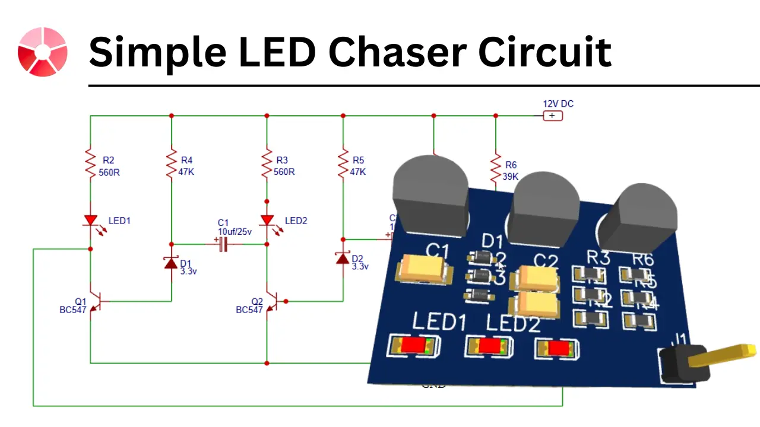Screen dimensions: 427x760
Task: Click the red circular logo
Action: pyautogui.click(x=42, y=52)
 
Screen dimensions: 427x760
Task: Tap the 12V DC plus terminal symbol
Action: pyautogui.click(x=552, y=116)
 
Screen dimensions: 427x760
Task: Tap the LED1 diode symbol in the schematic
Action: pyautogui.click(x=90, y=221)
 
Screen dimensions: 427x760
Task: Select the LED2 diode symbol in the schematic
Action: pyautogui.click(x=267, y=221)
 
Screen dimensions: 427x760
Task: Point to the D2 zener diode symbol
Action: pyautogui.click(x=343, y=258)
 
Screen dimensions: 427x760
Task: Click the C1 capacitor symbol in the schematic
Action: pyautogui.click(x=223, y=244)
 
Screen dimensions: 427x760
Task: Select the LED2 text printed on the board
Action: pyautogui.click(x=513, y=324)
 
